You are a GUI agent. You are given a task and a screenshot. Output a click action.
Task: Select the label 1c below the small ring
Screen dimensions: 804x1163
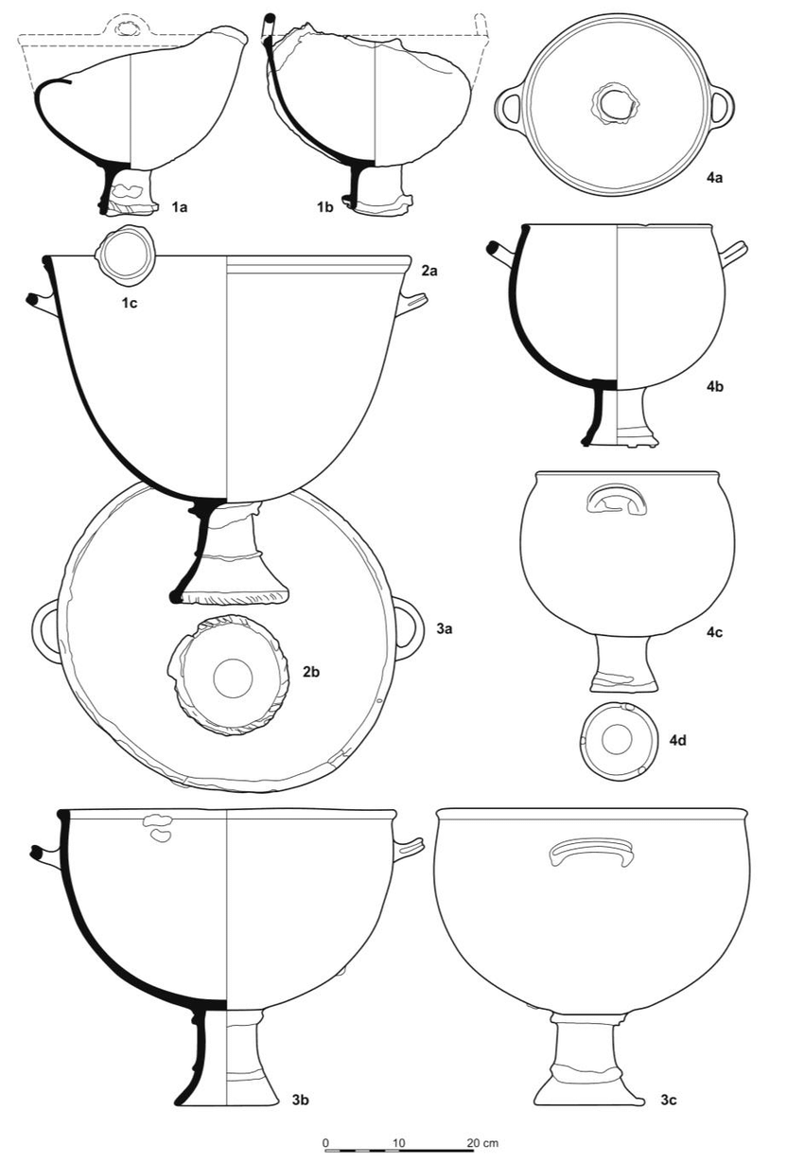point(130,303)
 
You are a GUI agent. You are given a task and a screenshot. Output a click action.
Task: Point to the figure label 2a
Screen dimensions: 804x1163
point(428,270)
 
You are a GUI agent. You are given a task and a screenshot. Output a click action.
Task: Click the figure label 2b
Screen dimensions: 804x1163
point(311,672)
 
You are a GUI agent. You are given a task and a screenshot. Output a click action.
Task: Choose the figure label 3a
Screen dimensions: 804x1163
point(445,629)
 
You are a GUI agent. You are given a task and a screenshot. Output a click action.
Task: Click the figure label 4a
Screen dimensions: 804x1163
point(714,178)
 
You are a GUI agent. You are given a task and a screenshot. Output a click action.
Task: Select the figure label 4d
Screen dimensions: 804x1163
point(678,740)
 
